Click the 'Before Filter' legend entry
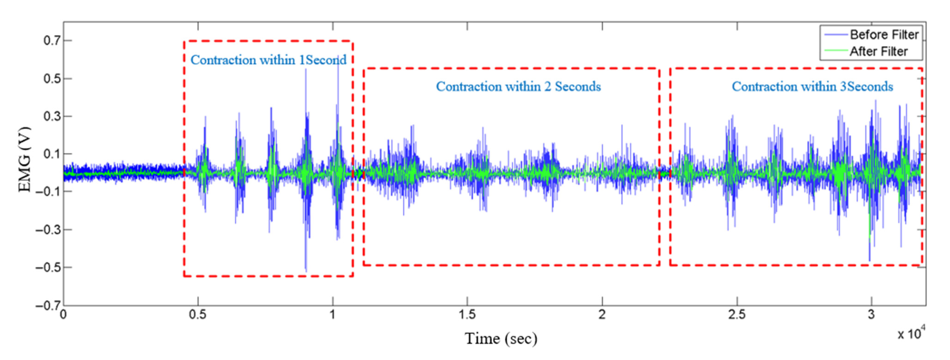pos(884,35)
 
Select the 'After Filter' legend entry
pos(878,51)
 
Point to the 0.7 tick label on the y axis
pos(52,41)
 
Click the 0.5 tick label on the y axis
pos(52,78)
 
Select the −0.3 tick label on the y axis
pos(48,229)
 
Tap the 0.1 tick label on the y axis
pos(52,154)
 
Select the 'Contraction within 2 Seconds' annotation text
pos(518,87)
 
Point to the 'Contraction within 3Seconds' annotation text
pos(812,87)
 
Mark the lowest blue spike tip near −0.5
pos(306,271)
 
